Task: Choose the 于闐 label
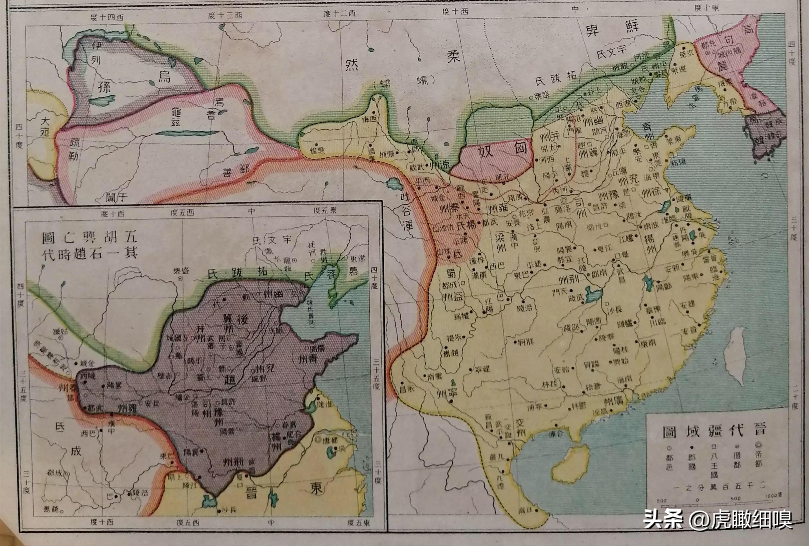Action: click(115, 197)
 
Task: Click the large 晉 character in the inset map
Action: click(250, 493)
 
